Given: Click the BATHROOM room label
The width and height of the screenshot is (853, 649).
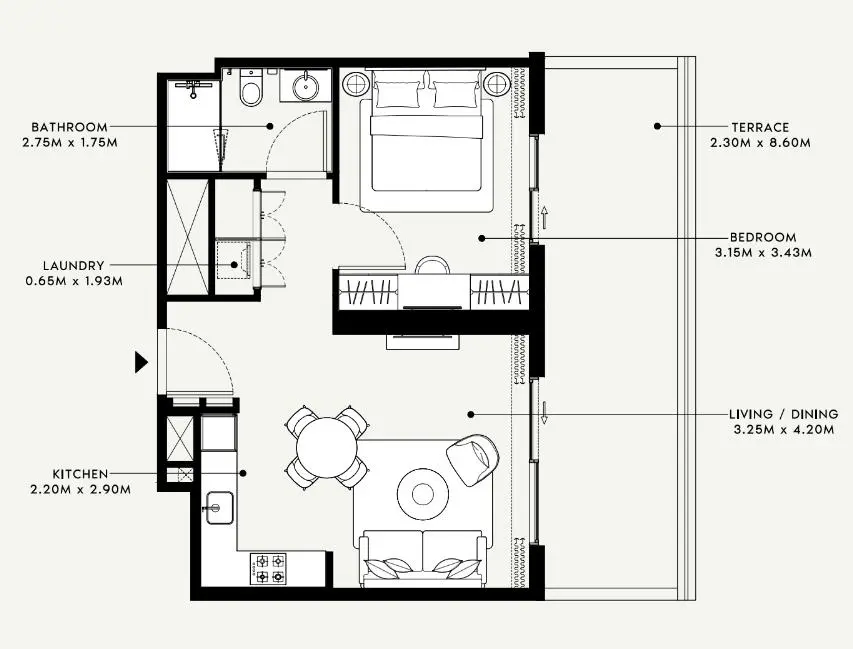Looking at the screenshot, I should coord(69,127).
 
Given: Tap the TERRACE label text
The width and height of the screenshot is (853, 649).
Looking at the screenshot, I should coord(760,127).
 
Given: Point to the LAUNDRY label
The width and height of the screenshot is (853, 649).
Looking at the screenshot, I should coord(73,266).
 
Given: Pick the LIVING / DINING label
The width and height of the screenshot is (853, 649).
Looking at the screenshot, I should coord(784,414).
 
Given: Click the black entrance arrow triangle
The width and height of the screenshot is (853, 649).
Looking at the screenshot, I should coord(142,362).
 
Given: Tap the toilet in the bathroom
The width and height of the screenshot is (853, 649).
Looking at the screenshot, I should coord(251,90).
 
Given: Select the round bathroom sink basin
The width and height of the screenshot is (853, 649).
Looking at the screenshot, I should coord(305,87).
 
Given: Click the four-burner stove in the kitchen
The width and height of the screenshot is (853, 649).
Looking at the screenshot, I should coord(269,568).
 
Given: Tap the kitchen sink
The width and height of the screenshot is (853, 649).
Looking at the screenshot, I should coord(218,507).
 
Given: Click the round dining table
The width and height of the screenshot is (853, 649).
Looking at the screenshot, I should coord(327,446).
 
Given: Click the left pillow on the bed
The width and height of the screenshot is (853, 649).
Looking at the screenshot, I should coord(397,94).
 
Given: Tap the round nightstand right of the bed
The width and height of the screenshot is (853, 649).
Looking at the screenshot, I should coord(497,84).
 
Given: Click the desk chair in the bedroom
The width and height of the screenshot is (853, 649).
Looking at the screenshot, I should coord(433,265).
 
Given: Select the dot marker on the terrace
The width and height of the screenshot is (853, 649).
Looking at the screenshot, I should coord(657,126).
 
